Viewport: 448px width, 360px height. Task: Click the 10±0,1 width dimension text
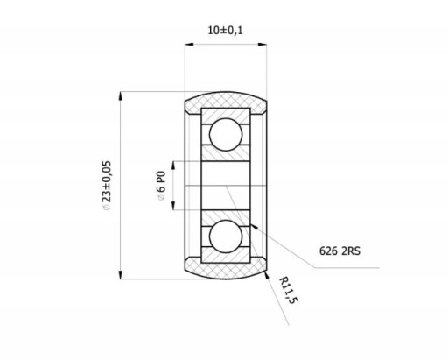(225, 30)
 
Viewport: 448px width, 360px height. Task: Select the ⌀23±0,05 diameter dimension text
(107, 186)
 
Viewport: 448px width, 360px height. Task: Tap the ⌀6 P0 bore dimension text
(161, 186)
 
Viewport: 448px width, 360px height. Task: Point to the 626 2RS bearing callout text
(339, 251)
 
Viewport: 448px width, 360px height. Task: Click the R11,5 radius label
(289, 290)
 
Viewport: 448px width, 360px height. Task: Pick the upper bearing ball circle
(226, 134)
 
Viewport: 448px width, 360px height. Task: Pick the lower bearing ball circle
(226, 236)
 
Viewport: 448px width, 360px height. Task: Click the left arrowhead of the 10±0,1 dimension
(189, 45)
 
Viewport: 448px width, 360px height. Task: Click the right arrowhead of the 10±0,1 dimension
(262, 45)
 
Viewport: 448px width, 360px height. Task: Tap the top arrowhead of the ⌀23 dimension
(121, 96)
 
